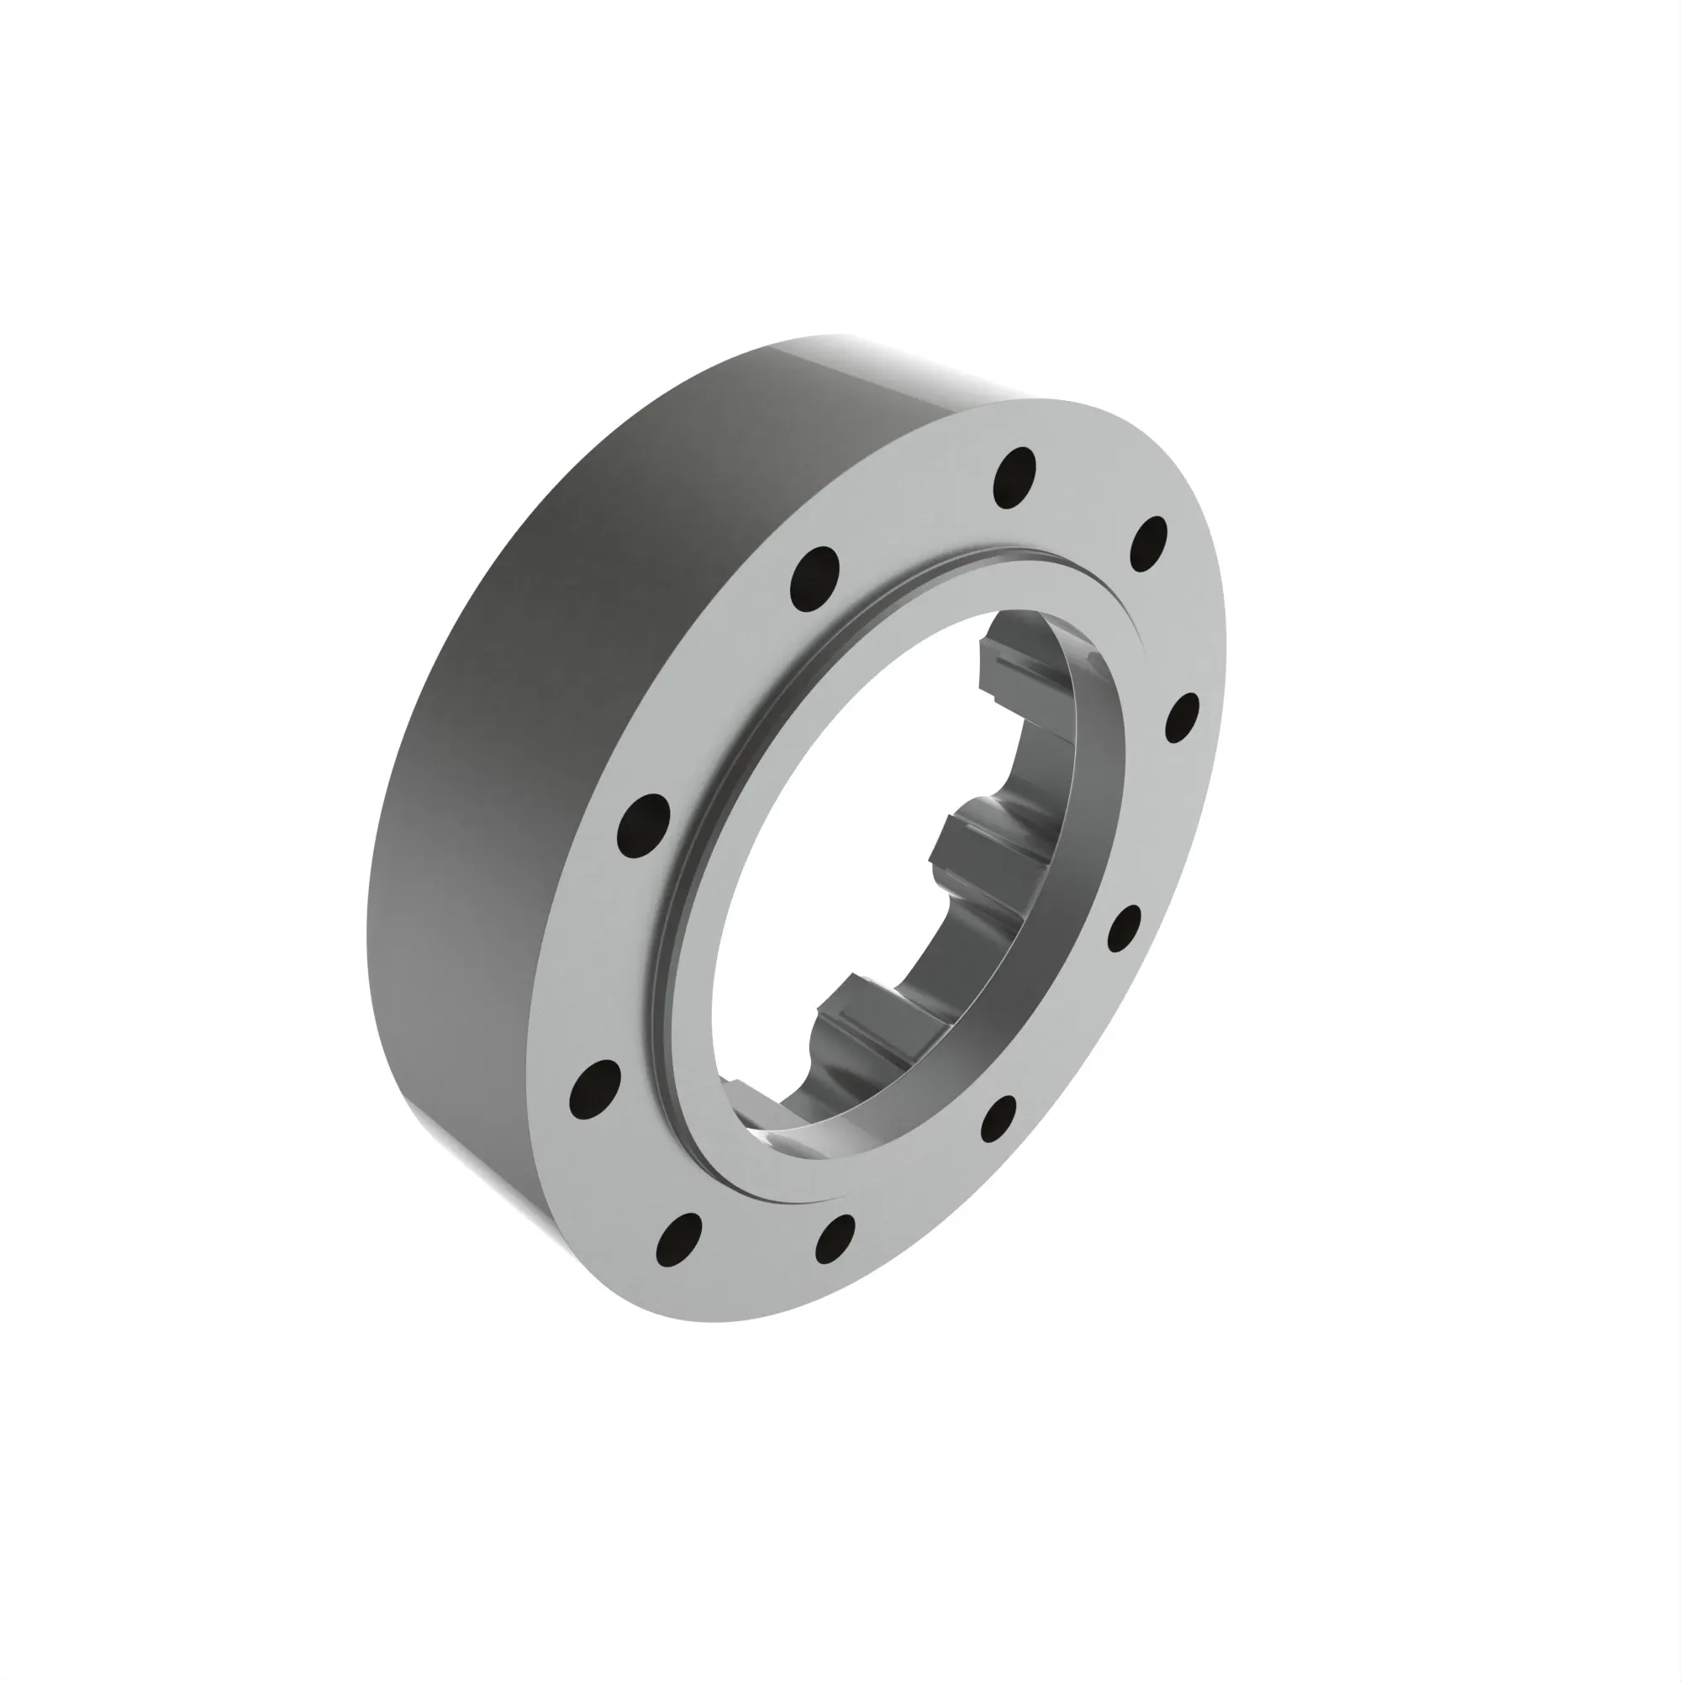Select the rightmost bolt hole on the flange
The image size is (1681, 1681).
coord(1183,718)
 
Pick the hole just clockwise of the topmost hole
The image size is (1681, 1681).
coord(1148,544)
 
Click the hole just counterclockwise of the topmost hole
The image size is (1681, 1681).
coord(815,577)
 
